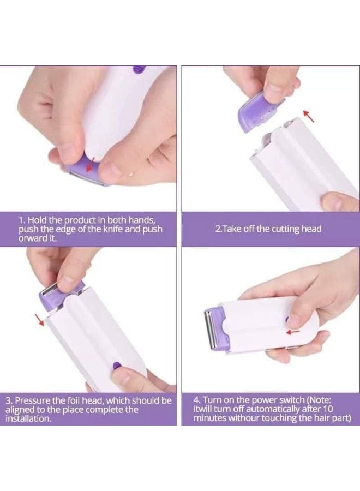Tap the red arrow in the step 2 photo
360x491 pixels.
point(308,116)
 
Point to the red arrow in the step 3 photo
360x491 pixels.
point(39,320)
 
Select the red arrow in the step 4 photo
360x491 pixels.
point(293,331)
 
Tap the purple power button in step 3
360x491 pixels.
point(116,365)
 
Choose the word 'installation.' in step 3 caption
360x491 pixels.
point(28,418)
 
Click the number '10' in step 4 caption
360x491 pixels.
point(328,409)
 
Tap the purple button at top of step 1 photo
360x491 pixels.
point(137,69)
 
